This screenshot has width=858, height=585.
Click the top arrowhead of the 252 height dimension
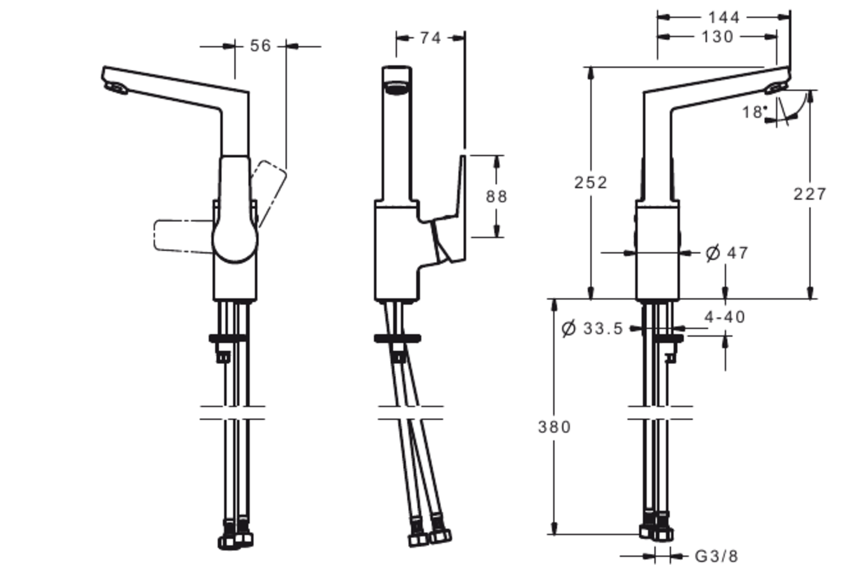(x=590, y=73)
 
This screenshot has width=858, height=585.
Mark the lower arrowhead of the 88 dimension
(x=497, y=231)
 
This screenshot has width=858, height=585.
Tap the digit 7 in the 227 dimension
(x=820, y=194)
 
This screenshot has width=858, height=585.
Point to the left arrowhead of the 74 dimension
(x=403, y=38)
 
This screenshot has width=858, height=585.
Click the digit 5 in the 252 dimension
(x=590, y=183)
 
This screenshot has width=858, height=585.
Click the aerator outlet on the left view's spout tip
(x=117, y=88)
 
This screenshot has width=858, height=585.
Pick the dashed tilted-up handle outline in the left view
(x=269, y=194)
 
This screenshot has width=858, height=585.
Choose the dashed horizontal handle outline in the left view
(x=183, y=236)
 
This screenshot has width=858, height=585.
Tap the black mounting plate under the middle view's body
(x=397, y=338)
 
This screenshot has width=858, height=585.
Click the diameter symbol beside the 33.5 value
(x=569, y=328)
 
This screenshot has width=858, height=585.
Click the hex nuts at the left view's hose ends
(x=235, y=536)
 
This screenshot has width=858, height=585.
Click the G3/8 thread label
(x=716, y=557)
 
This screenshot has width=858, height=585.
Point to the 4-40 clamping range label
(x=725, y=317)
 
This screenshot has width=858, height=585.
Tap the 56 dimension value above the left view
(x=261, y=46)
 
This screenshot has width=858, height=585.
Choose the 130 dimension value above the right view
(x=718, y=37)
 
